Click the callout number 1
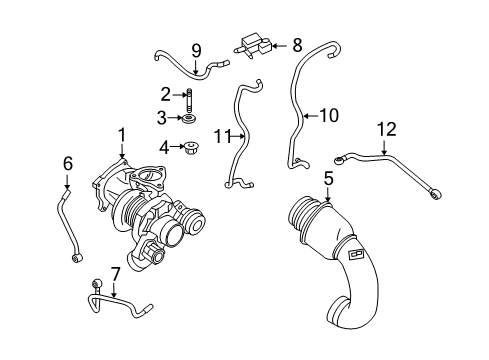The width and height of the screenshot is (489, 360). click(122, 134)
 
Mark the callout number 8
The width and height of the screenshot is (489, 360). click(296, 44)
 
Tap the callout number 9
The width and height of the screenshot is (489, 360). click(196, 50)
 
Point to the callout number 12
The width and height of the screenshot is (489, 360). click(386, 128)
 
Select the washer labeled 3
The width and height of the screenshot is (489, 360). click(189, 121)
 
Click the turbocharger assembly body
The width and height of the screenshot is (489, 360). click(150, 215)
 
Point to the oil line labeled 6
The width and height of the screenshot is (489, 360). click(67, 225)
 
